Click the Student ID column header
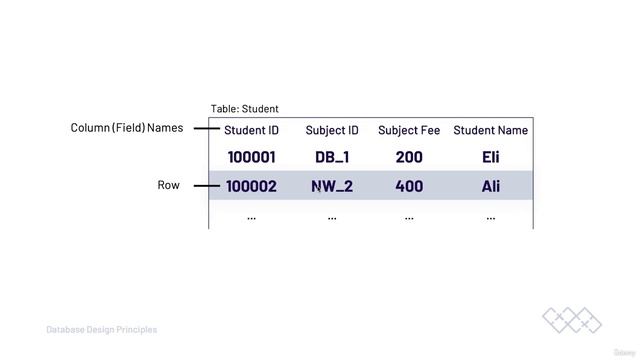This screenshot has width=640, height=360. [251, 130]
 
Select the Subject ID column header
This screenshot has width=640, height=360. [332, 130]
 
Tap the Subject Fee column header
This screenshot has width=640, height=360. [409, 130]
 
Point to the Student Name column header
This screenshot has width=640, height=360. [491, 130]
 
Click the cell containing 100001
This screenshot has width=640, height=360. [251, 157]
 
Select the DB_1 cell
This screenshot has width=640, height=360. [332, 157]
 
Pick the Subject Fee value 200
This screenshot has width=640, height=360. [409, 157]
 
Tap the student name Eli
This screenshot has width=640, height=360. [490, 157]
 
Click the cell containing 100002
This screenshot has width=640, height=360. [251, 186]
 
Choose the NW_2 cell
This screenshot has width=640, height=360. [332, 186]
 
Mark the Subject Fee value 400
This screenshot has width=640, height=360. [409, 186]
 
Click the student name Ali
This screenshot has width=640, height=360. [490, 186]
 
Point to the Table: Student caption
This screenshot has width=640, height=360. [245, 109]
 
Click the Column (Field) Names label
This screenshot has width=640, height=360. [127, 128]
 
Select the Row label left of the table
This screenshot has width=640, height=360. [169, 185]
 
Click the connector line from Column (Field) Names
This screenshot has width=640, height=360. [206, 129]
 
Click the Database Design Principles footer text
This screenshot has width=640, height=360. [102, 329]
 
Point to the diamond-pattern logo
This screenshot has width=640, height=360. [572, 320]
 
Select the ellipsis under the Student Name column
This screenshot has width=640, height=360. [490, 216]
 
